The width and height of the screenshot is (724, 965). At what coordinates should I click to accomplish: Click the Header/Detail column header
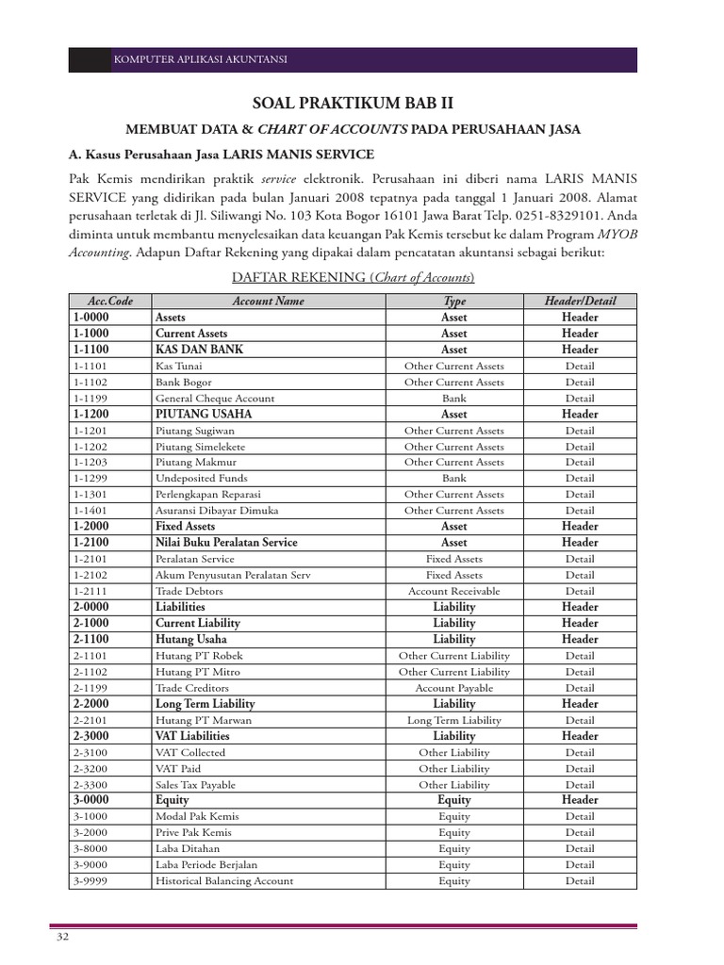tap(580, 301)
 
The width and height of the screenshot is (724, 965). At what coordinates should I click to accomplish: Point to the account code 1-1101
tap(90, 366)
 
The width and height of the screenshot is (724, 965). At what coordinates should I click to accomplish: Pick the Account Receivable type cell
tap(453, 591)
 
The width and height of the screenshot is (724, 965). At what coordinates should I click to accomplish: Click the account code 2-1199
tap(90, 688)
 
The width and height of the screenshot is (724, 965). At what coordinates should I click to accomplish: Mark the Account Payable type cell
tap(453, 688)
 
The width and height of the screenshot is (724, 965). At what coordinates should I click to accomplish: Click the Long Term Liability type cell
tap(453, 720)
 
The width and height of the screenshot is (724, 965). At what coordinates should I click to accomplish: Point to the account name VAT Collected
tap(190, 752)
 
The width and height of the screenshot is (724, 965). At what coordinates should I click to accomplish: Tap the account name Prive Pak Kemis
tap(193, 832)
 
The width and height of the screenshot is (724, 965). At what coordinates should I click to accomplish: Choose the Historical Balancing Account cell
tap(224, 881)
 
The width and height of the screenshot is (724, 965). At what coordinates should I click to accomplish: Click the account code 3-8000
tap(90, 848)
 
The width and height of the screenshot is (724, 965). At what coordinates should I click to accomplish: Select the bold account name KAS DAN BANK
tap(199, 350)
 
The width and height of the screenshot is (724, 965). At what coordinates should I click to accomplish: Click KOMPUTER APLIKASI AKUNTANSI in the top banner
tap(200, 60)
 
